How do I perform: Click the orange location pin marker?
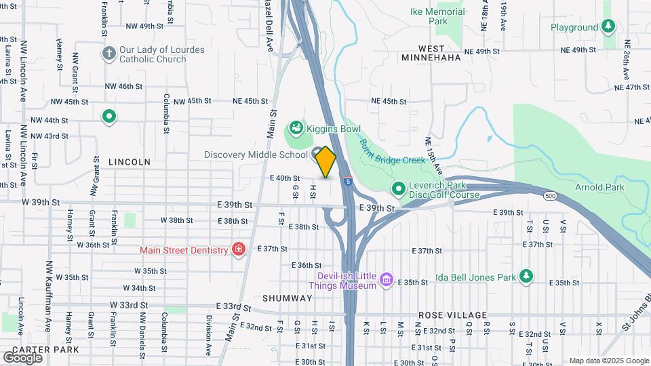pos(326,162)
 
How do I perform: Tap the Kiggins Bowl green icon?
pos(296,127)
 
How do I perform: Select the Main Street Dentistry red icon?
pos(238,250)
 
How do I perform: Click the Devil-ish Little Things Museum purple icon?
pos(387,279)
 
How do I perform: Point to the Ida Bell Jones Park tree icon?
pos(526,276)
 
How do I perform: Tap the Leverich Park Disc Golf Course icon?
pos(398,188)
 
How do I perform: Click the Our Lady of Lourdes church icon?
pos(108,53)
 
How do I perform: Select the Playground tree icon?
pos(608,27)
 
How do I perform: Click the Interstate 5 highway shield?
pos(347,181)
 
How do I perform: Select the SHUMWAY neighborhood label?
pos(288,298)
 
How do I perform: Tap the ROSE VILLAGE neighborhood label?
pos(453,315)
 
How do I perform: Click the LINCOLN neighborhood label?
pos(129,162)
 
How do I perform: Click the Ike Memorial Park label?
pos(438,16)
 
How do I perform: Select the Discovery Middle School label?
pos(256,155)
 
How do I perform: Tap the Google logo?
pos(22,357)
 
